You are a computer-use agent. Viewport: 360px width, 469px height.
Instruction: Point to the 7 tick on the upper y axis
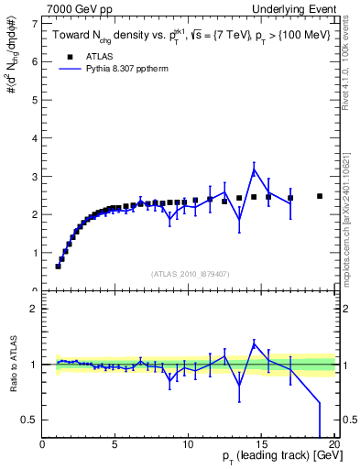(36, 23)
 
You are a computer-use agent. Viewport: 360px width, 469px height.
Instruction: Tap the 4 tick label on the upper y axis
(36, 137)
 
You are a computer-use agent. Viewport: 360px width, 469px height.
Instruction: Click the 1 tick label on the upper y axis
(36, 253)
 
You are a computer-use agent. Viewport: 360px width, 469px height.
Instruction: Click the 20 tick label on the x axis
(334, 444)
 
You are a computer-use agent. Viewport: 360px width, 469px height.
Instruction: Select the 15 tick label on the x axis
(261, 444)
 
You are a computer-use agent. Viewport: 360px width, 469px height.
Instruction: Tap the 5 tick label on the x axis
(115, 444)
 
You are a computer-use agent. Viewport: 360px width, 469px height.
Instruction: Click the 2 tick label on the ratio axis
(36, 309)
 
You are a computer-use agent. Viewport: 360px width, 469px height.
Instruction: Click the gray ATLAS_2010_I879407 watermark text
(189, 273)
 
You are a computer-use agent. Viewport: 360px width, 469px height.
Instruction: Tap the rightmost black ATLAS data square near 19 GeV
(320, 196)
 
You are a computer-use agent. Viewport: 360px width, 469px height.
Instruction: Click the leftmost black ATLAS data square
(58, 266)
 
